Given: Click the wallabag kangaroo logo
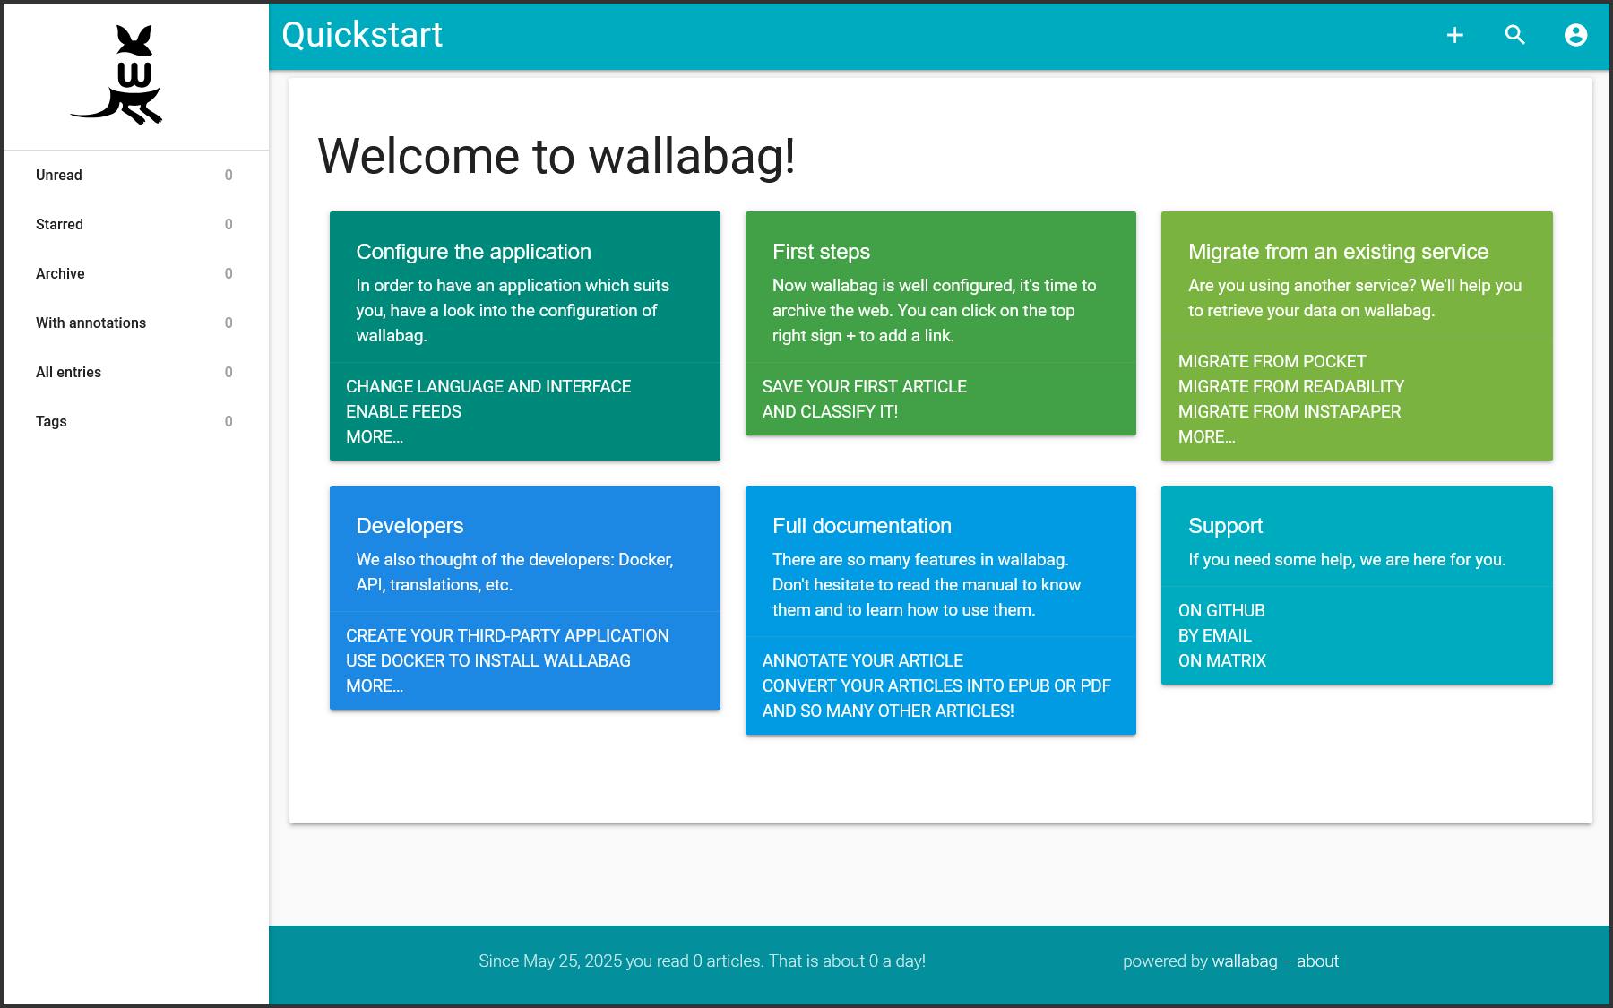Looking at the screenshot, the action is click(117, 74).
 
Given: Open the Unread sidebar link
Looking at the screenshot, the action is click(59, 175).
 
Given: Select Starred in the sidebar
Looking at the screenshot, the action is click(59, 224).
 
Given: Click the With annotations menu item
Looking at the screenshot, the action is click(91, 323).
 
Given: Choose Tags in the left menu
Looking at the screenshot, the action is click(51, 421).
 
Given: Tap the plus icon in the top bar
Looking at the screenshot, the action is click(1455, 35).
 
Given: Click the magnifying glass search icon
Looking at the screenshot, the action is click(1515, 35).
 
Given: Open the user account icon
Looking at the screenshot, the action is click(1576, 35).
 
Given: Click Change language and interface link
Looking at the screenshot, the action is click(488, 386).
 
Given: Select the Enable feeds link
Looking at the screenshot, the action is click(404, 411).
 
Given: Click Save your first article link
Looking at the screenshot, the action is click(865, 386).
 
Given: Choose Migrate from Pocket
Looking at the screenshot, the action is click(1272, 361).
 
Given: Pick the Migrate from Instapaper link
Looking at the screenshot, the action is click(1290, 411).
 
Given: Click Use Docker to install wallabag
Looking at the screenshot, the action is click(488, 660).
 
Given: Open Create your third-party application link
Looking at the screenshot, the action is click(507, 635).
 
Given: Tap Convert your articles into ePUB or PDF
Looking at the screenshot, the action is click(936, 685).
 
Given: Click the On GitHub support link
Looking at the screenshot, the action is click(1221, 610).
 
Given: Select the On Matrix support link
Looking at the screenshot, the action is click(1222, 660).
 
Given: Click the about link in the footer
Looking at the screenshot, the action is click(1317, 961).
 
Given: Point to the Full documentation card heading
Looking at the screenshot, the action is click(862, 526).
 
